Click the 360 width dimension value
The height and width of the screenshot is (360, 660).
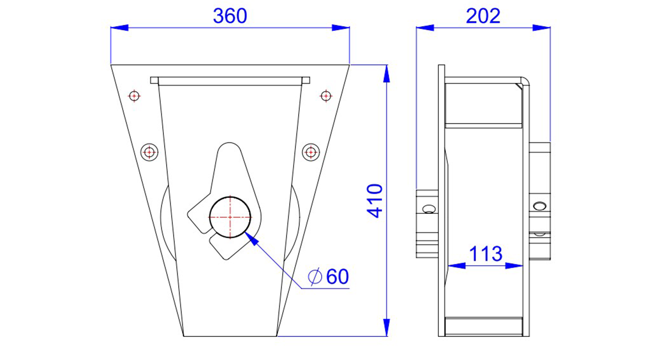[230, 16]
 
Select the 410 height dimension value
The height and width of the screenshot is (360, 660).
[375, 201]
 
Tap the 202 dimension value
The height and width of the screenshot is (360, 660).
[483, 16]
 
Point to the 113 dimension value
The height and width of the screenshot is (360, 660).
[486, 254]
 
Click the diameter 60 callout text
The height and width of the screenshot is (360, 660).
[328, 276]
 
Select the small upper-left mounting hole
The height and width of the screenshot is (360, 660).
[134, 96]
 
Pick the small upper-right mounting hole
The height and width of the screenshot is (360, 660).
[326, 96]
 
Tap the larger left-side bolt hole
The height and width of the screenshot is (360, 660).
[150, 152]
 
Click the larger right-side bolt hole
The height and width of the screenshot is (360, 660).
[311, 152]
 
